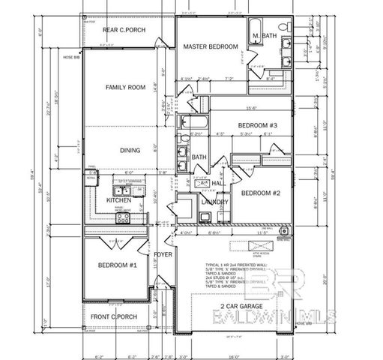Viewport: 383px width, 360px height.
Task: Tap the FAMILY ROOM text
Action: pos(124,87)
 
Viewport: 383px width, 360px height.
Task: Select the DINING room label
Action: pos(130,150)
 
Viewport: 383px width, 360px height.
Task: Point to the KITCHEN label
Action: pos(118,200)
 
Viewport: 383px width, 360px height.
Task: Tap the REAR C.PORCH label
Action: pos(124,30)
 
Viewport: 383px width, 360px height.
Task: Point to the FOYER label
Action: pos(163,253)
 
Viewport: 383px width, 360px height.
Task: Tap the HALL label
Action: pos(217,182)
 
